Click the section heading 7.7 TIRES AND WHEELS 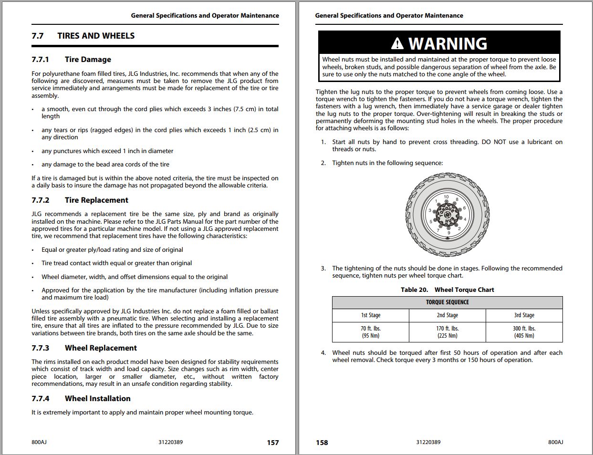point(83,36)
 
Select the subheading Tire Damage point(88,60)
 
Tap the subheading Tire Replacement point(96,200)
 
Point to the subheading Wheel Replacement point(101,348)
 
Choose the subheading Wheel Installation point(97,399)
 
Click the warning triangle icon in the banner point(397,44)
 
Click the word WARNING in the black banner point(447,44)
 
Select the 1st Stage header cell point(371,315)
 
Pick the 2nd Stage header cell point(447,315)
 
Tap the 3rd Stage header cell point(524,315)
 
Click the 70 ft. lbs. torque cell point(371,332)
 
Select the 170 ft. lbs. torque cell point(447,332)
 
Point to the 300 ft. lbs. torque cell point(524,332)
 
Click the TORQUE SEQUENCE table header point(447,302)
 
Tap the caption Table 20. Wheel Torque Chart point(447,290)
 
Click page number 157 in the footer point(273,443)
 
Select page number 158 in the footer point(322,443)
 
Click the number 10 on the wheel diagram point(446,197)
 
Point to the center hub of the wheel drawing point(447,215)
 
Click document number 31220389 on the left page point(170,442)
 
